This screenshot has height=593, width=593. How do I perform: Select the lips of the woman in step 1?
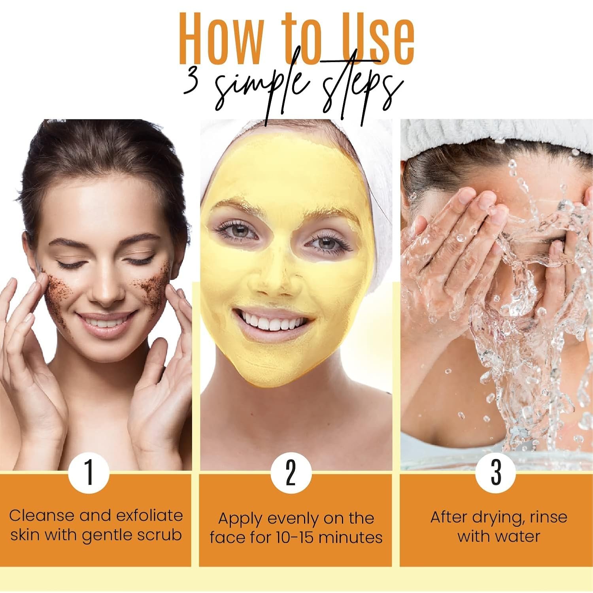click(x=104, y=322)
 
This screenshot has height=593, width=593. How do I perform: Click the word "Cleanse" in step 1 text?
click(x=41, y=516)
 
